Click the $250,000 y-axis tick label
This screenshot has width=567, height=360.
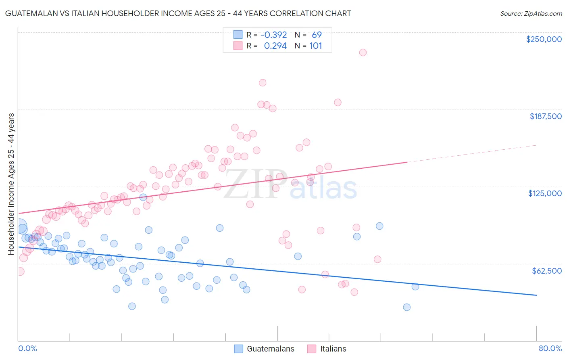click(x=544, y=39)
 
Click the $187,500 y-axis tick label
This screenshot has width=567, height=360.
click(x=545, y=116)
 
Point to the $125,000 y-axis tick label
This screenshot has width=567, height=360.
click(x=545, y=193)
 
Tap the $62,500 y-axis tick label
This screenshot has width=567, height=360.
click(x=546, y=271)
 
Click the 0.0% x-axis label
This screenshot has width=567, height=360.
click(x=27, y=348)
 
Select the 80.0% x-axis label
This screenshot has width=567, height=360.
click(x=550, y=348)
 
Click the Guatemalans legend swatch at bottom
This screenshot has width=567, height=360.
click(x=238, y=349)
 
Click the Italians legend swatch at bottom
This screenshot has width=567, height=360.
click(x=312, y=349)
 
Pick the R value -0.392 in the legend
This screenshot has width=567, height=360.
click(x=273, y=35)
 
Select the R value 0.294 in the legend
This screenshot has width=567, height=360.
click(x=275, y=46)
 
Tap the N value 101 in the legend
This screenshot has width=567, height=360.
click(x=315, y=46)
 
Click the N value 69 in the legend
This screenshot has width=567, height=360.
click(x=317, y=35)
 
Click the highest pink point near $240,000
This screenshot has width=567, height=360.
click(x=363, y=52)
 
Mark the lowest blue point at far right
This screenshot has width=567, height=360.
click(x=406, y=307)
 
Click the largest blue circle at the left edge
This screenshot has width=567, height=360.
click(x=19, y=227)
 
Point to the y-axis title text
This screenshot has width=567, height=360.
click(x=11, y=184)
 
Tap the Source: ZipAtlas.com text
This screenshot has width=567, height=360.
click(x=531, y=13)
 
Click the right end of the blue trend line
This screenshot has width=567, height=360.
click(x=536, y=295)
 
